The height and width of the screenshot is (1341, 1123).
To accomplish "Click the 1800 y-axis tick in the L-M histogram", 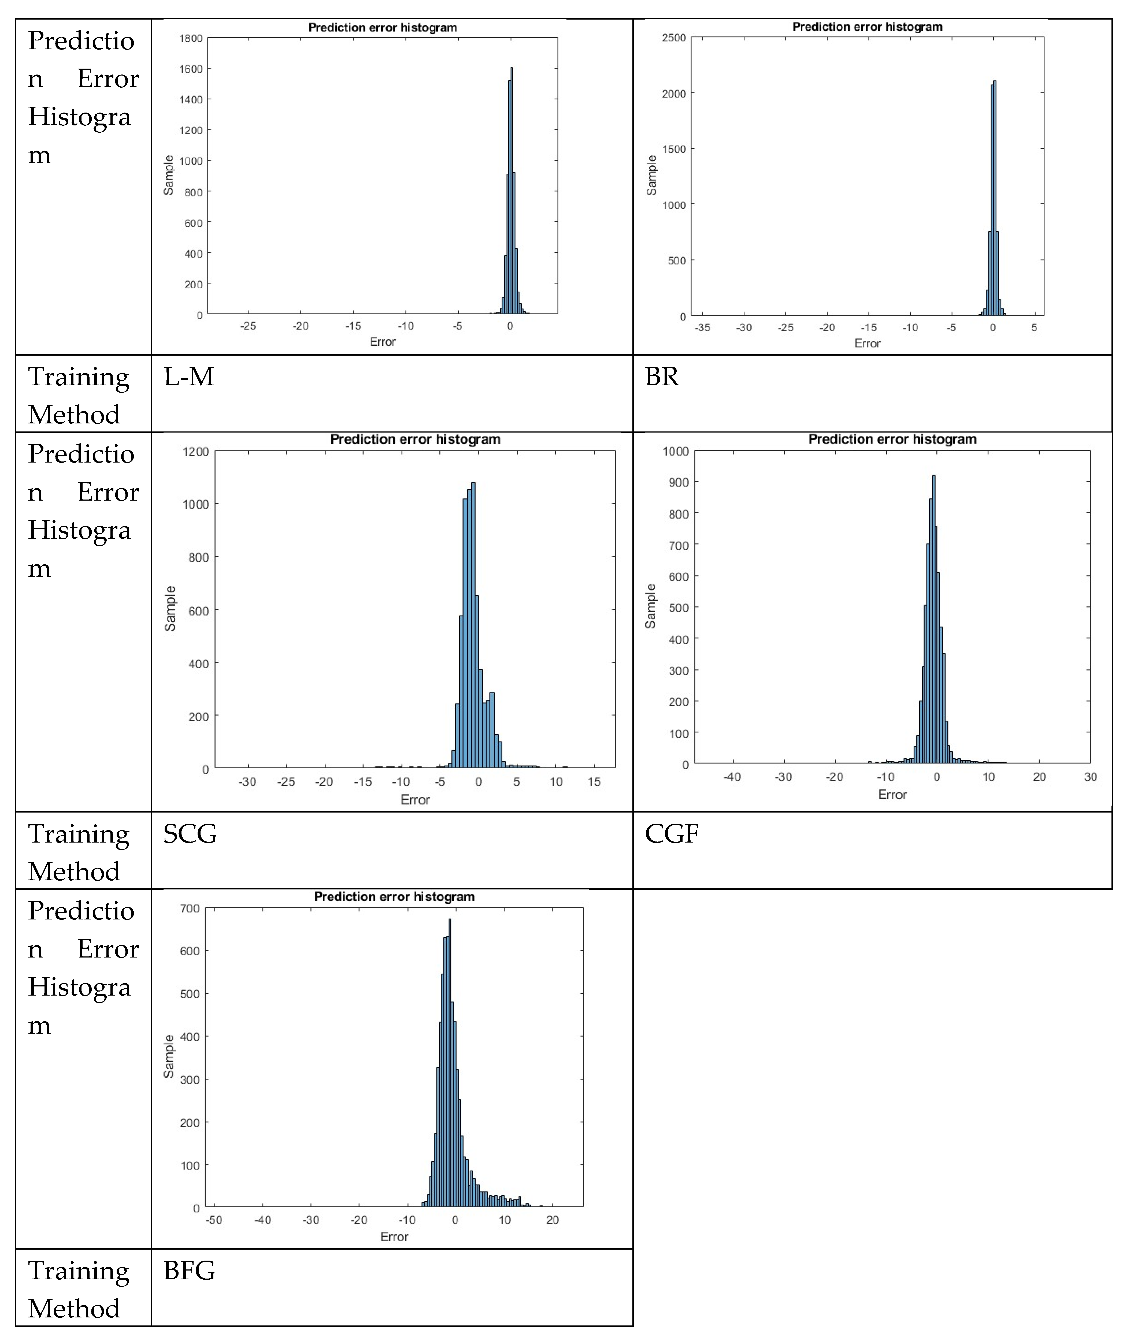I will [x=191, y=38].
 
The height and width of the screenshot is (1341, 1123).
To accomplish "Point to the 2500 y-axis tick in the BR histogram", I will [x=674, y=38].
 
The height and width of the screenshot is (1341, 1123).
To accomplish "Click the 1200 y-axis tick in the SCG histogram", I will [x=195, y=452].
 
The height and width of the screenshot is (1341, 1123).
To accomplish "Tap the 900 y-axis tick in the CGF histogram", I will [x=679, y=482].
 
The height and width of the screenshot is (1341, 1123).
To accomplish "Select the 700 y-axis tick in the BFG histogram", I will [x=190, y=908].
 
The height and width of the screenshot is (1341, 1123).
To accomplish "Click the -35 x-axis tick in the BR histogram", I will [x=702, y=327].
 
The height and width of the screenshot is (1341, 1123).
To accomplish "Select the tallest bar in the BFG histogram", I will [x=450, y=1060].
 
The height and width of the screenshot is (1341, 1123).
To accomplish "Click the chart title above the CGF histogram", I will [x=892, y=439].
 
